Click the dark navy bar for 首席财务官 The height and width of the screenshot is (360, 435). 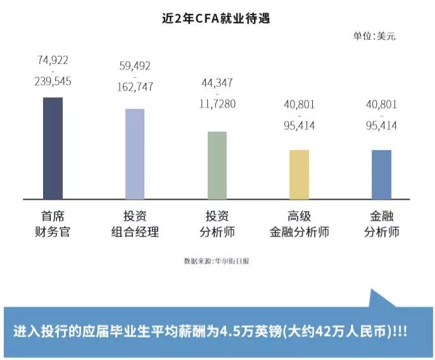53,148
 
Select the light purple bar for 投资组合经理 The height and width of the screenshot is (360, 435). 135,153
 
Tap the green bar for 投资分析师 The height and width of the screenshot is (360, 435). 217,165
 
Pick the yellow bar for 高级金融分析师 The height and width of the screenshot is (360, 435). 299,174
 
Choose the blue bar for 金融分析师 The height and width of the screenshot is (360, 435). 381,174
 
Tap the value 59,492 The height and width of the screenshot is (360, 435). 135,66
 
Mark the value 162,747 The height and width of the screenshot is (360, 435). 135,87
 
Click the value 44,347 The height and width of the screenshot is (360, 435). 217,82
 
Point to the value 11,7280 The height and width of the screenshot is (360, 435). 217,103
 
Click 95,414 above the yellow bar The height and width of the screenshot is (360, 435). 299,125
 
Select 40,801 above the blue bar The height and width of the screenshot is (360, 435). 381,104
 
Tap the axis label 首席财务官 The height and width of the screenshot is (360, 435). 53,224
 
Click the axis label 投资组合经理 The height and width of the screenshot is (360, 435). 135,224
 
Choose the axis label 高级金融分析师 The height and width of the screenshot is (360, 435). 299,224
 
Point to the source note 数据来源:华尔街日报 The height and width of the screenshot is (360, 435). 217,261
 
